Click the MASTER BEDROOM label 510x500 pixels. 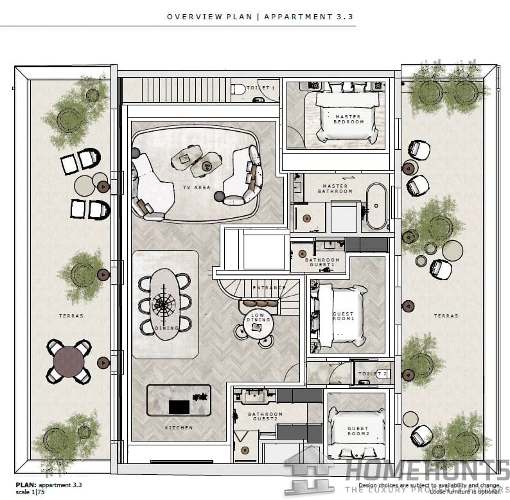[x=349, y=119]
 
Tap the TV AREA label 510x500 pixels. [x=197, y=188]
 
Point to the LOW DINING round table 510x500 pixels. [x=257, y=326]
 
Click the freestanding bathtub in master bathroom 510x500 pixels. [x=377, y=208]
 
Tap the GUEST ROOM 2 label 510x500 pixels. [x=358, y=431]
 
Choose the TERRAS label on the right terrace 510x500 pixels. [x=446, y=316]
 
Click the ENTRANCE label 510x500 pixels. [x=269, y=288]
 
